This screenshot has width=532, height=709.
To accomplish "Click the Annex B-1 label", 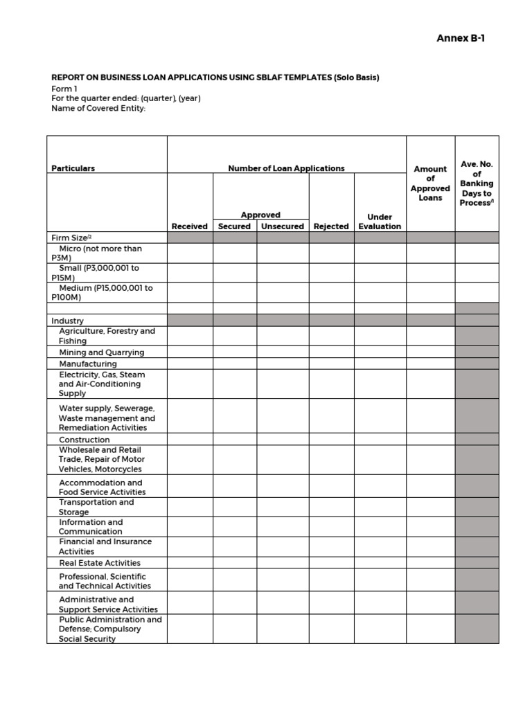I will click(x=460, y=38).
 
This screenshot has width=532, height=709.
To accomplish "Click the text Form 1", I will click(x=64, y=89).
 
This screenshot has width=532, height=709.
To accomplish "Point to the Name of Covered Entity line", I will click(x=98, y=108).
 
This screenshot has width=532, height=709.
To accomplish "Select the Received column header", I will click(x=189, y=226).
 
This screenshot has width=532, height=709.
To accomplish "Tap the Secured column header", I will click(x=234, y=226).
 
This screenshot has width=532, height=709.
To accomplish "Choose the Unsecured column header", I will click(x=282, y=226).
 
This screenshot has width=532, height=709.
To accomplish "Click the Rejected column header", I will click(x=331, y=226).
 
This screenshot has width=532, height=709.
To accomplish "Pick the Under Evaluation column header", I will click(x=380, y=222).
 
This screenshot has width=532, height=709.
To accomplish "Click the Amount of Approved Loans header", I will click(x=430, y=183).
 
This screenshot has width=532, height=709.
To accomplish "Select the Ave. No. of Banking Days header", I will click(x=477, y=183).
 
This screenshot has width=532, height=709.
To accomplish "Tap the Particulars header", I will click(x=73, y=168).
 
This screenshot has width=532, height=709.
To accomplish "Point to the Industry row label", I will click(x=67, y=321).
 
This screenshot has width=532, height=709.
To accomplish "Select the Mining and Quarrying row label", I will click(x=101, y=352).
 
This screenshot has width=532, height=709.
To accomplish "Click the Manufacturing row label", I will click(x=88, y=364).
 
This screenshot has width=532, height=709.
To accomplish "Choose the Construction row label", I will click(x=84, y=440).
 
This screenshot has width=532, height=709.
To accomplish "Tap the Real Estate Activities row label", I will click(x=99, y=563).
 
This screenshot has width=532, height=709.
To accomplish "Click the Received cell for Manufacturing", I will click(x=190, y=364).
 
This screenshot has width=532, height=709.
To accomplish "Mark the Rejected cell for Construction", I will click(x=331, y=440).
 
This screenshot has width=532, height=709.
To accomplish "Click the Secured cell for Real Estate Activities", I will click(x=234, y=563).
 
